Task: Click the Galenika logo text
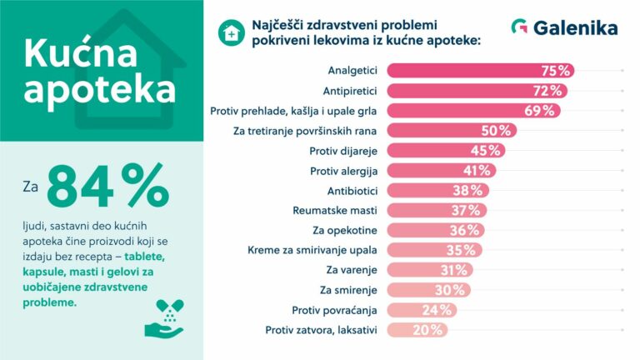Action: pyautogui.click(x=576, y=28)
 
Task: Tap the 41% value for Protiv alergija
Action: pyautogui.click(x=477, y=170)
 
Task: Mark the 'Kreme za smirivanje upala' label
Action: pyautogui.click(x=312, y=250)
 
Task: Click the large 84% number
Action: pyautogui.click(x=107, y=187)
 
